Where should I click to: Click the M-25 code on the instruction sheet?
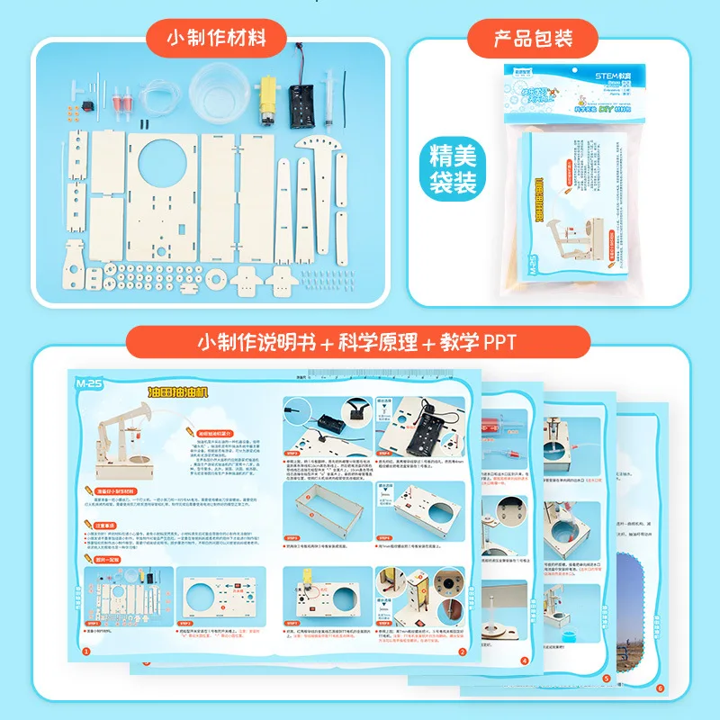click(87, 382)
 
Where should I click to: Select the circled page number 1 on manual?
click(86, 652)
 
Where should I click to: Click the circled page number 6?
click(660, 689)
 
